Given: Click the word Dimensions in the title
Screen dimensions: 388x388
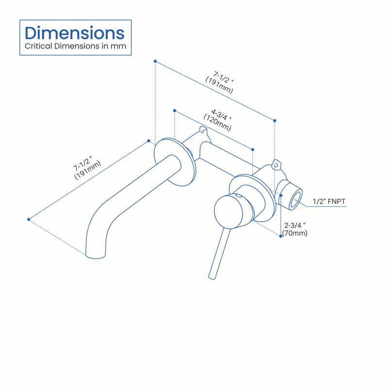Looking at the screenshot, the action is (x=75, y=33).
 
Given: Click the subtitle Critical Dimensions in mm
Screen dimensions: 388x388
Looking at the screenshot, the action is (x=76, y=46).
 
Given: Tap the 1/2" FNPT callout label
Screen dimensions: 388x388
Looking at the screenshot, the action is (x=329, y=201).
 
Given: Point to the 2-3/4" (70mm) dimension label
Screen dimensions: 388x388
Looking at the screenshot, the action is (x=295, y=229).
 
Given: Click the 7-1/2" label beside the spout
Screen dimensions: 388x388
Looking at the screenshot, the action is (x=87, y=167).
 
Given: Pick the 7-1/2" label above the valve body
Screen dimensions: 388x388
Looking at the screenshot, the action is (x=220, y=82).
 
